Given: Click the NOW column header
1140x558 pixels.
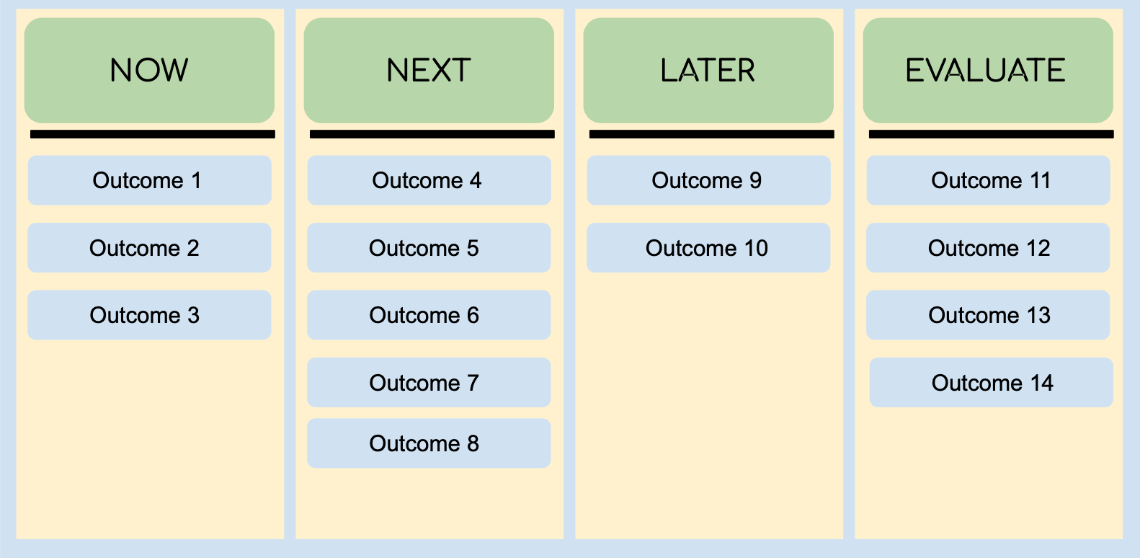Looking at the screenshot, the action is (x=149, y=71).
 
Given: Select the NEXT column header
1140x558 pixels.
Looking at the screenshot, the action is (x=429, y=71).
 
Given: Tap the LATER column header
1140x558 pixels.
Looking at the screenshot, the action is (x=708, y=71).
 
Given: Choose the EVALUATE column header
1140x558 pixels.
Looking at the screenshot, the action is (x=988, y=71).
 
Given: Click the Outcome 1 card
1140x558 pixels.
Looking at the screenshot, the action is (x=149, y=180).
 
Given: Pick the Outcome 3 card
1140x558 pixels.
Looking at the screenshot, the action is (x=149, y=315).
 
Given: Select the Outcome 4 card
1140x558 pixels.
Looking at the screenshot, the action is (x=429, y=180).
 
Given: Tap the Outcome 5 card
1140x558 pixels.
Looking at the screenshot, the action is (x=429, y=248).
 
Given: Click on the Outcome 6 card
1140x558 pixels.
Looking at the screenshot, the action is (x=429, y=315).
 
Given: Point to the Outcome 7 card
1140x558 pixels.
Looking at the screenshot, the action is (x=429, y=383).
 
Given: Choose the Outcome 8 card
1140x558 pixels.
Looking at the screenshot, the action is (x=429, y=443).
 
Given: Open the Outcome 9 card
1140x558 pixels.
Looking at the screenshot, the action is (x=708, y=180).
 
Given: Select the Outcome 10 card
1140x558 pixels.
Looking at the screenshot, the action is (x=708, y=248).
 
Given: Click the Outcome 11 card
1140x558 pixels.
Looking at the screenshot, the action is (x=988, y=180).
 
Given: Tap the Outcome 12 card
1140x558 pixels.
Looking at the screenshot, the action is (x=988, y=248).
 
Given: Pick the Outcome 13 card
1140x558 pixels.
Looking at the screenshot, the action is (x=988, y=315).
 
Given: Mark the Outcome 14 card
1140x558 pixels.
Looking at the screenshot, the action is (x=991, y=383).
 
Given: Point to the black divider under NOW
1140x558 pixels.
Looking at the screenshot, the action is (x=152, y=134).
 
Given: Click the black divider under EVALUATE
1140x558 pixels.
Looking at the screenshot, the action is (x=991, y=134).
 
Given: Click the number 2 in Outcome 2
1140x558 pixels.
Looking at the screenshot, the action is (x=192, y=248).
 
